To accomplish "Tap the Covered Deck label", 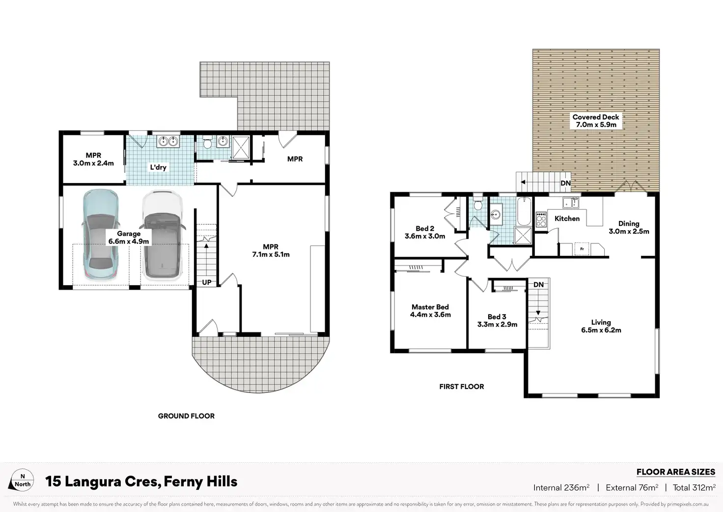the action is coord(595,120).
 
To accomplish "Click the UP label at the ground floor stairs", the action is coord(207,282).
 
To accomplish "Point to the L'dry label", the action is coord(158,167).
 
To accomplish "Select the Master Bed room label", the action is coord(430,311).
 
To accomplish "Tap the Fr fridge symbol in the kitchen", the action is coord(582,249).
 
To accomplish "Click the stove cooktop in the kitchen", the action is coord(541,219).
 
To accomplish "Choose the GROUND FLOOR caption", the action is coord(186,416).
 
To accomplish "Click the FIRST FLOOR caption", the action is coord(462,387).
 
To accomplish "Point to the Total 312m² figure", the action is coord(695,487).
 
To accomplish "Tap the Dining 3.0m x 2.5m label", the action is coord(629,227).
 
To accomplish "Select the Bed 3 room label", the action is coord(497,320).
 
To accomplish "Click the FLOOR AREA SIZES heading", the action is coord(676,472).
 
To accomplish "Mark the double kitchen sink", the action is coord(571,203).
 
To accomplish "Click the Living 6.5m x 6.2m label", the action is coord(601,326).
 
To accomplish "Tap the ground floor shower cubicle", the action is coord(241,148).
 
